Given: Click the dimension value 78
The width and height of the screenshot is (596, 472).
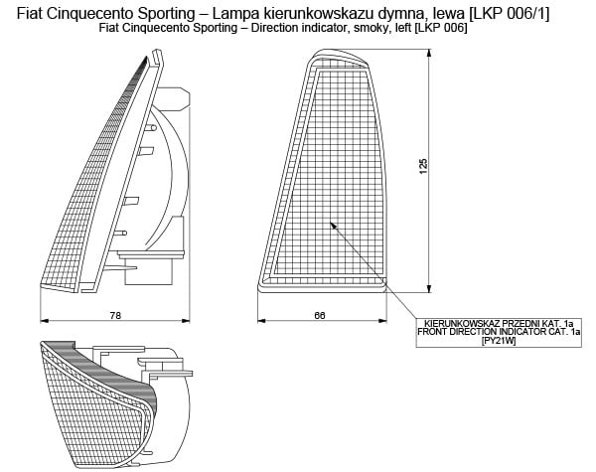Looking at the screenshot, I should tap(115, 315).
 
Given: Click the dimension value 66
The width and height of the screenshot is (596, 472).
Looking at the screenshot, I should tap(320, 315).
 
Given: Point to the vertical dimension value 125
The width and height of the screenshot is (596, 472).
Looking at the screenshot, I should tap(424, 167).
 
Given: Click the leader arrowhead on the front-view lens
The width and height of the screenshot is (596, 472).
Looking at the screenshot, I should tap(333, 227).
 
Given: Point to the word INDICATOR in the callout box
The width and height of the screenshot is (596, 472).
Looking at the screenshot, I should tap(516, 333).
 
